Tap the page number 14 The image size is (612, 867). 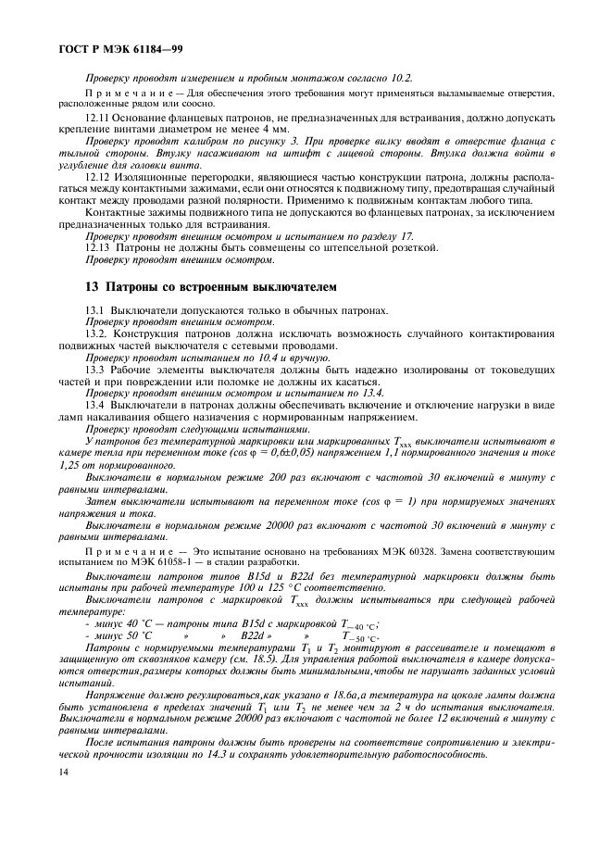click(x=63, y=798)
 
